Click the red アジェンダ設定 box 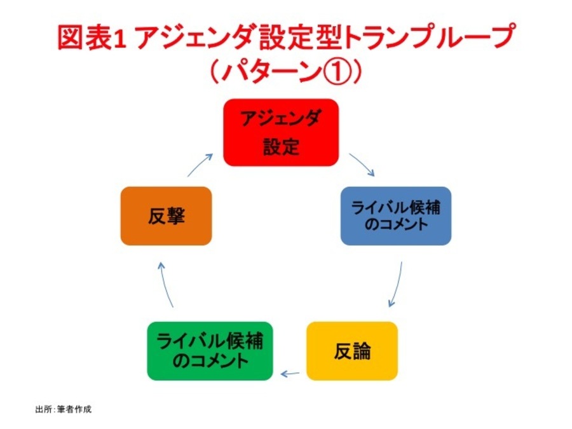coord(280,132)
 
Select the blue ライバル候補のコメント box coord(395,215)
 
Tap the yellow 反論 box coord(351,351)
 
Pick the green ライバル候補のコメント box coord(210,351)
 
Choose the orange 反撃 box coord(166,216)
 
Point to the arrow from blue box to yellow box coord(397,282)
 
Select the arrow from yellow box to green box coord(290,374)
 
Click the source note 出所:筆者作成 coord(63,409)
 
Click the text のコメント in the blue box coord(395,225)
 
